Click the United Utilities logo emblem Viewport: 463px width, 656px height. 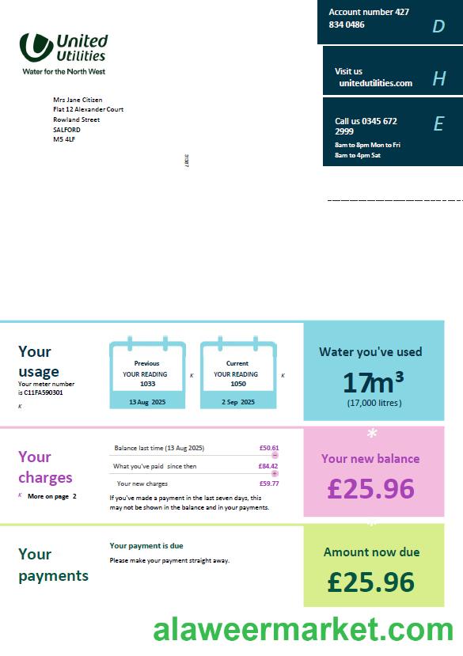tap(36, 47)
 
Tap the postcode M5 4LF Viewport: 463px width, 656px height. tap(64, 139)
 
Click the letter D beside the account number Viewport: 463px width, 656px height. tap(438, 27)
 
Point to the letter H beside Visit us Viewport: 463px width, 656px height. tap(439, 78)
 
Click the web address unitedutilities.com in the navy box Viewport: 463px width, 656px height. tap(375, 83)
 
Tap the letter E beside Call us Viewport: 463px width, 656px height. tap(438, 123)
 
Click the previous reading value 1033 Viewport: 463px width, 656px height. tap(147, 384)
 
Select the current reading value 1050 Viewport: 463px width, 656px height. tap(238, 384)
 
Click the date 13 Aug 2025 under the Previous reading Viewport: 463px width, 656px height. tap(146, 402)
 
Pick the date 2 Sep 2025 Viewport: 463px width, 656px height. tap(238, 402)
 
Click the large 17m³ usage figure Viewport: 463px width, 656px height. tap(374, 383)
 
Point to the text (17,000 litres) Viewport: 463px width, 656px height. tap(374, 403)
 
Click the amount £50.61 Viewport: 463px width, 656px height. tap(268, 448)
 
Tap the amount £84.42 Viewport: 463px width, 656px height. tap(268, 466)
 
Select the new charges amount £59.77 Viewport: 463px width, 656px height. tap(268, 483)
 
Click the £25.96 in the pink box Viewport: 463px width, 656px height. tap(370, 489)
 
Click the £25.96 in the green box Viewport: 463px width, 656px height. tap(370, 582)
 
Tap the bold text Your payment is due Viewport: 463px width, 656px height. tap(146, 546)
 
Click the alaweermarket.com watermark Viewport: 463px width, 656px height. tap(303, 630)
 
